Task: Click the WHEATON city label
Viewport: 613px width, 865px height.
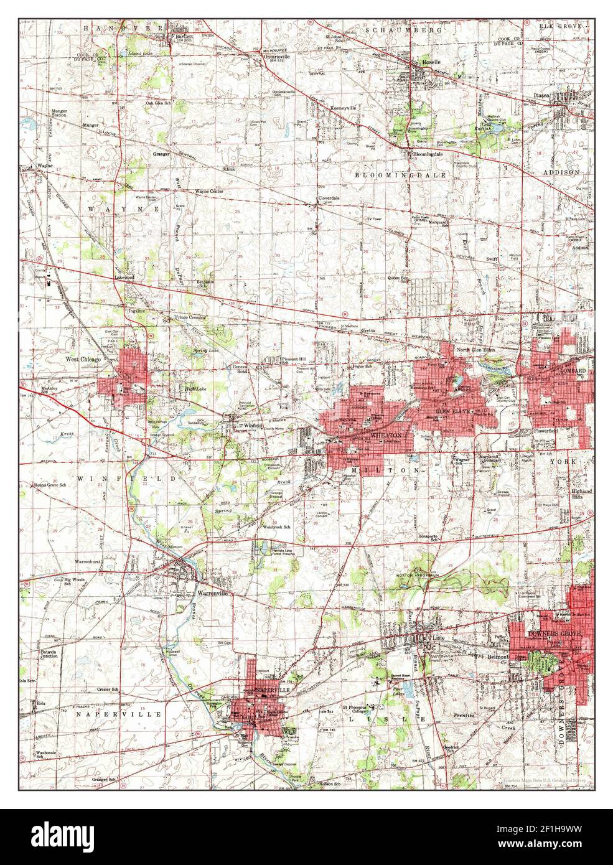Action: point(381,436)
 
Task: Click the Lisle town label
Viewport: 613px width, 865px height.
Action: point(440,637)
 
